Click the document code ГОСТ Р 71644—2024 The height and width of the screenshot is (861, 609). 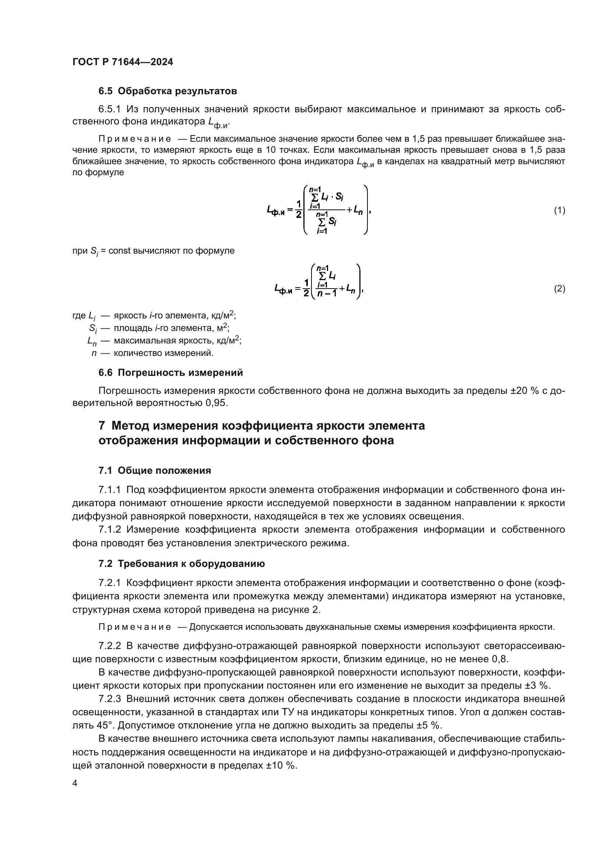pos(123,62)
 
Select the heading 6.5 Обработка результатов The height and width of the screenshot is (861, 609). pos(168,91)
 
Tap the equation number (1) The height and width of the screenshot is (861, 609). pos(559,211)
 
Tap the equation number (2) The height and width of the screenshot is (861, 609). pos(559,289)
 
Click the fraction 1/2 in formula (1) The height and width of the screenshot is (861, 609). pos(298,209)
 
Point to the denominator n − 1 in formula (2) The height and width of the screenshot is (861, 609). pos(327,294)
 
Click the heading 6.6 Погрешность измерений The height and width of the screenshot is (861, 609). pos(170,373)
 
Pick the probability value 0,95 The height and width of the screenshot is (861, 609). pos(217,403)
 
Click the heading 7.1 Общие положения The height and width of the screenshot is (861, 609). pos(155,471)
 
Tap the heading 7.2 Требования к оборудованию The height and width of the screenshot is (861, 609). pos(182,564)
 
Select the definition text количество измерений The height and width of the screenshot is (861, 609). pos(163,353)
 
